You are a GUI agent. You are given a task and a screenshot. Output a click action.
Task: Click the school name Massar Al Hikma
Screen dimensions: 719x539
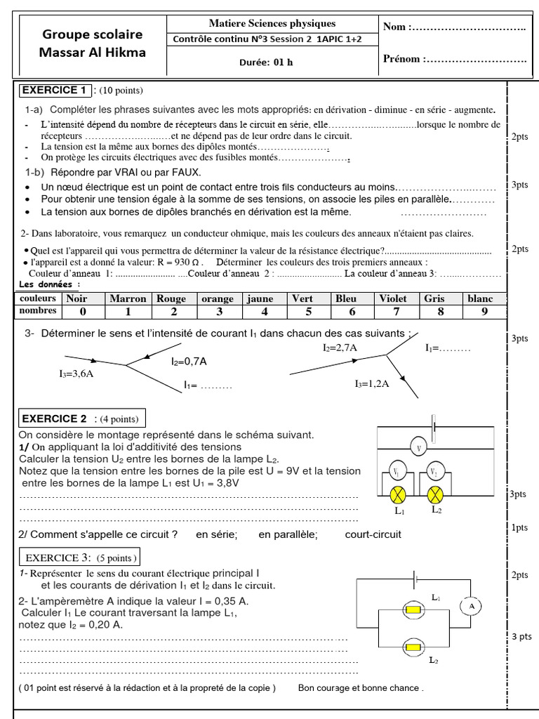[x=92, y=52]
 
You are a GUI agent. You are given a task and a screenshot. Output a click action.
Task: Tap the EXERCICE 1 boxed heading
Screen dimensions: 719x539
[x=53, y=91]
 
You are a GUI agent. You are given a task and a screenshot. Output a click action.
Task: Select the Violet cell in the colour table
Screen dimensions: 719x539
[x=392, y=298]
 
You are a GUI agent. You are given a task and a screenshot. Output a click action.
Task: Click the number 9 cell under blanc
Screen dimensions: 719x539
[x=484, y=311]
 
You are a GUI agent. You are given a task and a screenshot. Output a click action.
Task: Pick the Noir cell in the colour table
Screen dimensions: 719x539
[x=82, y=298]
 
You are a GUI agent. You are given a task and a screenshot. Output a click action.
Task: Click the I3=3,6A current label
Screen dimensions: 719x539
[x=76, y=374]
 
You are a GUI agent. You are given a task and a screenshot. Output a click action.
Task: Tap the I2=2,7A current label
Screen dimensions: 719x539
[x=340, y=348]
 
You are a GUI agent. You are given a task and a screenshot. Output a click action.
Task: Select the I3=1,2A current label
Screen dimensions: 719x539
[x=372, y=384]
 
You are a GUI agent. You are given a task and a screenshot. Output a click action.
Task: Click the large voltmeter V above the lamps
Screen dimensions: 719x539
[x=419, y=447]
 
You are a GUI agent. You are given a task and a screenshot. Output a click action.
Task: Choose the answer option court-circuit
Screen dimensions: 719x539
[x=373, y=534]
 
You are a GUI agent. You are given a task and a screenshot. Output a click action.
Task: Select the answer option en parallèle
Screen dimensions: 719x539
[x=288, y=534]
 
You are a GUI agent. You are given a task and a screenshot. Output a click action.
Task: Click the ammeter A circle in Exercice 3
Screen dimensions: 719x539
[x=472, y=605]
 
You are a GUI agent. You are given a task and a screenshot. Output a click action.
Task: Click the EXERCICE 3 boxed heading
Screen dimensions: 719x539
[x=79, y=558]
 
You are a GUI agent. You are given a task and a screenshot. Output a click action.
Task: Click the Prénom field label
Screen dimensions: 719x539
[x=402, y=59]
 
